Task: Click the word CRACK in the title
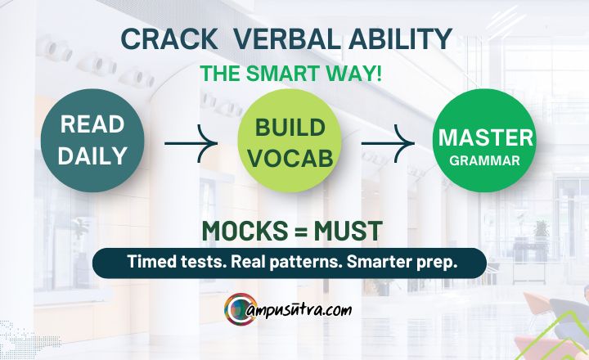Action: point(169,39)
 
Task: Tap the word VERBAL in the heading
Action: point(286,39)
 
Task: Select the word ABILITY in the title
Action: point(400,39)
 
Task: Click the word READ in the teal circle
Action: point(92,124)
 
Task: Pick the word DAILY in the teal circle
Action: point(92,155)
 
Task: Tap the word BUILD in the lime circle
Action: point(290,128)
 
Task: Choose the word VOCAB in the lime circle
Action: point(290,158)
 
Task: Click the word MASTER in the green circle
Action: point(486,137)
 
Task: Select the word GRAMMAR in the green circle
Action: point(485,160)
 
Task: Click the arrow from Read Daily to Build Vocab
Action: point(191,143)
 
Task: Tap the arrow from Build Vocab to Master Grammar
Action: point(388,143)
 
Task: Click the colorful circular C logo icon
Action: point(240,309)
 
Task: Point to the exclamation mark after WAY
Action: point(378,74)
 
